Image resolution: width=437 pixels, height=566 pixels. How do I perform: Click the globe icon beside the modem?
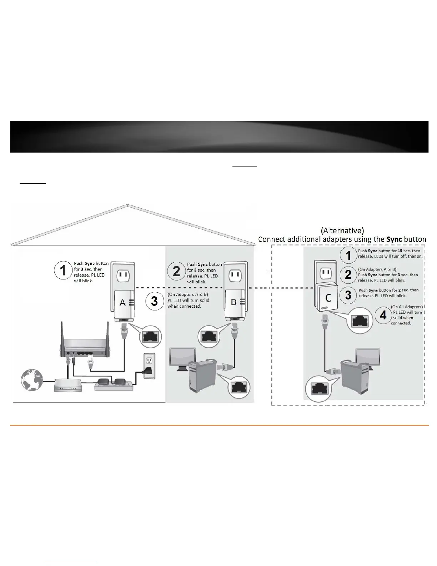pos(32,380)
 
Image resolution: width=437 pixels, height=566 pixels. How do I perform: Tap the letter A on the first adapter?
pos(122,303)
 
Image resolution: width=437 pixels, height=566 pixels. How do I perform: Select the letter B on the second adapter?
pos(233,302)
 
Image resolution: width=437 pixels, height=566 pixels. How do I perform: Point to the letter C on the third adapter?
pos(328,298)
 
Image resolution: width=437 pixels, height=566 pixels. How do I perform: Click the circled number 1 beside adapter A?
pos(63,270)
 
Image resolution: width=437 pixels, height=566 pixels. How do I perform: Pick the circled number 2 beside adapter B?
pos(176,272)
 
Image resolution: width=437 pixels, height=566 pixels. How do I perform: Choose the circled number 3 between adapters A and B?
pos(155,301)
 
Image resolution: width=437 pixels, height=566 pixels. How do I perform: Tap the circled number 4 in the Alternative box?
pos(383,315)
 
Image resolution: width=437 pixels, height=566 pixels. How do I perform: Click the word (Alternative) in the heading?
pos(342,230)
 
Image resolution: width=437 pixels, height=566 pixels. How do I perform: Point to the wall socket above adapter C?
pos(325,273)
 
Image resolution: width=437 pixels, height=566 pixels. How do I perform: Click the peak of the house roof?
pos(128,205)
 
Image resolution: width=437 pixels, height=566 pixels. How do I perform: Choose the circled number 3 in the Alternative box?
pos(348,295)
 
